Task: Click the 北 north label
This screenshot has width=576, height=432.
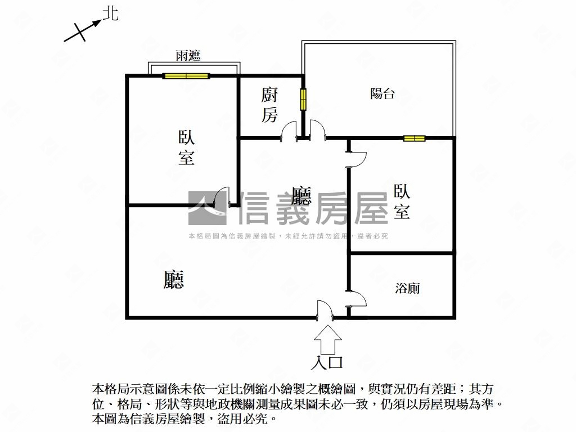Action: click(x=111, y=13)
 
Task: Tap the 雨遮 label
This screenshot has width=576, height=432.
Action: click(x=188, y=56)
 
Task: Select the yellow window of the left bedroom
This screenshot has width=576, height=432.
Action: click(x=186, y=76)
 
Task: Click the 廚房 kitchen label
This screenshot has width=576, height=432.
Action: click(x=269, y=105)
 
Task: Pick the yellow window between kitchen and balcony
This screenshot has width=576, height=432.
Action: click(x=303, y=99)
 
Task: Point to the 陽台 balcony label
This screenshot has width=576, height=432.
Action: click(x=382, y=93)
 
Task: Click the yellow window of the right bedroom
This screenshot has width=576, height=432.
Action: click(x=415, y=138)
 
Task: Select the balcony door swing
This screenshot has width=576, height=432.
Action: click(x=318, y=130)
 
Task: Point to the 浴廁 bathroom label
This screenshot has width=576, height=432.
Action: click(x=407, y=288)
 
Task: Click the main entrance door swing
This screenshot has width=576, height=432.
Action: click(x=325, y=309)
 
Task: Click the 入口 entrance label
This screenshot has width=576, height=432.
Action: click(x=327, y=363)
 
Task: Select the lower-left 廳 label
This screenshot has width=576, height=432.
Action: click(x=173, y=280)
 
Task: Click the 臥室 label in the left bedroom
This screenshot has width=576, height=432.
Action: click(x=187, y=148)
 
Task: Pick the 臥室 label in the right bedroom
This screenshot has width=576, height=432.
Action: click(x=402, y=201)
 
